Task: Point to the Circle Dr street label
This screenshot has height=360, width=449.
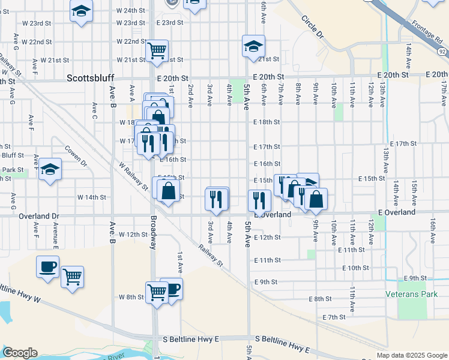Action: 312,27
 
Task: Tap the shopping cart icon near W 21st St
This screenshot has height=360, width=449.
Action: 157,50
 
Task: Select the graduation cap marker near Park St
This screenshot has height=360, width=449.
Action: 51,170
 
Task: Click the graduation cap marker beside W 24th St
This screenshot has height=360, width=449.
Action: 81,11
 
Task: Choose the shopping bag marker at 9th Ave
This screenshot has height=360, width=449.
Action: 316,199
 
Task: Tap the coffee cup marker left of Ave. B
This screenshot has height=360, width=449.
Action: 47,267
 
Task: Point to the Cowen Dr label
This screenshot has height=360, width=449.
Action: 76,157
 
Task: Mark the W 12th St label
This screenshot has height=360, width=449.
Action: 133,234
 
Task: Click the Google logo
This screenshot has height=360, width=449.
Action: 20,353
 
